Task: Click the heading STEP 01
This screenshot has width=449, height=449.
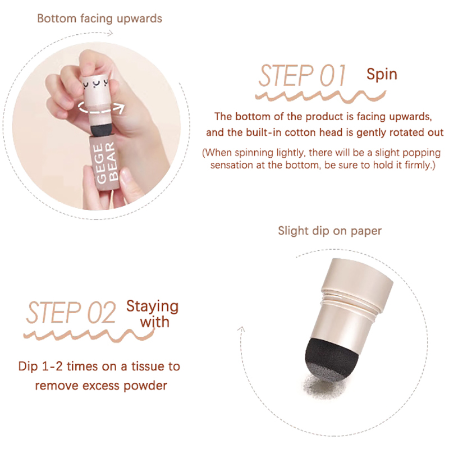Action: pyautogui.click(x=302, y=75)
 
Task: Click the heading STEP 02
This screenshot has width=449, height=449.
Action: pyautogui.click(x=71, y=313)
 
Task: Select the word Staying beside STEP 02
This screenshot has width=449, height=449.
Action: pyautogui.click(x=152, y=306)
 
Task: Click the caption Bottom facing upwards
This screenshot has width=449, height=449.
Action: pyautogui.click(x=100, y=19)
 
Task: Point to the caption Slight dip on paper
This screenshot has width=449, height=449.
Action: pyautogui.click(x=330, y=231)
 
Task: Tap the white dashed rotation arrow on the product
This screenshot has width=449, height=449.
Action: pyautogui.click(x=101, y=107)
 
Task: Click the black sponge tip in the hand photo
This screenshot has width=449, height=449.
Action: pyautogui.click(x=103, y=130)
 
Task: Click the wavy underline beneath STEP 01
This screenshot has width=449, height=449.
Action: pyautogui.click(x=320, y=96)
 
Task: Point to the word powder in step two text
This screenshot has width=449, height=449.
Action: pyautogui.click(x=145, y=386)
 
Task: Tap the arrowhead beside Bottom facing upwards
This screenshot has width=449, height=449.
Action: pyautogui.click(x=110, y=34)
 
